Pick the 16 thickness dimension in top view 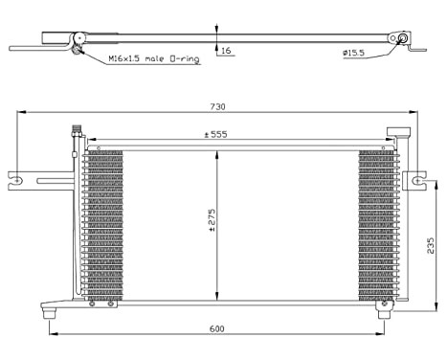(x=225, y=50)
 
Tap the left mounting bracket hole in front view (x=16, y=176)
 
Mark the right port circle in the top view (x=404, y=39)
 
